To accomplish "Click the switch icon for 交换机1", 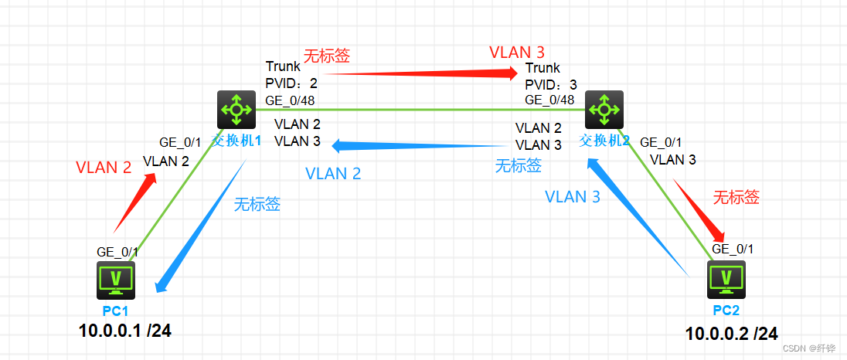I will [235, 110].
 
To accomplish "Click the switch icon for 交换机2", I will [604, 110].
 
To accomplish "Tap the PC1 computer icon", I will [116, 280].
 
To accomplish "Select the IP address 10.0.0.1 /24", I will [124, 331].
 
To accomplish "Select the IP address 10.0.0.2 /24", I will [731, 334].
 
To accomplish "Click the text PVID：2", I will [291, 83].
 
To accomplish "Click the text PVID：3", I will [550, 84].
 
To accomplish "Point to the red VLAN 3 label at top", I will [517, 53].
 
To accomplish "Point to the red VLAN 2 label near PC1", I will [104, 167].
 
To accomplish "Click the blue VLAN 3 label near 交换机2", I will [572, 196].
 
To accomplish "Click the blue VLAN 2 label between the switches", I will [333, 174].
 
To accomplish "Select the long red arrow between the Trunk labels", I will [417, 73].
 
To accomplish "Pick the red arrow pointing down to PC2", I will [699, 209].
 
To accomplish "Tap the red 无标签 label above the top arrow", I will [326, 56].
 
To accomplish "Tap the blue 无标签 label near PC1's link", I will [257, 205].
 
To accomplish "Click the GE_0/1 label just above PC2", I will [733, 249].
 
